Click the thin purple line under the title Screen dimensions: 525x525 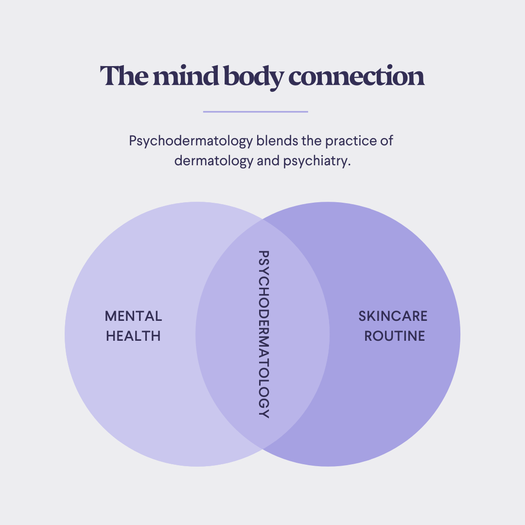point(255,112)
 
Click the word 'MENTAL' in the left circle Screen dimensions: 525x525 point(133,316)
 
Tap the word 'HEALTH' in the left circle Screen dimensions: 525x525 point(133,336)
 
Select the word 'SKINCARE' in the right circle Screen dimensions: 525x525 point(393,316)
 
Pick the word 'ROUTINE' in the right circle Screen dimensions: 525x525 point(395,336)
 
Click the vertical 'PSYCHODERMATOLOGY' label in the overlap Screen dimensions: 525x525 point(263,334)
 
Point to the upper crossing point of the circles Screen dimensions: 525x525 point(262,220)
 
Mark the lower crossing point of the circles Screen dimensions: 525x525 point(262,449)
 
